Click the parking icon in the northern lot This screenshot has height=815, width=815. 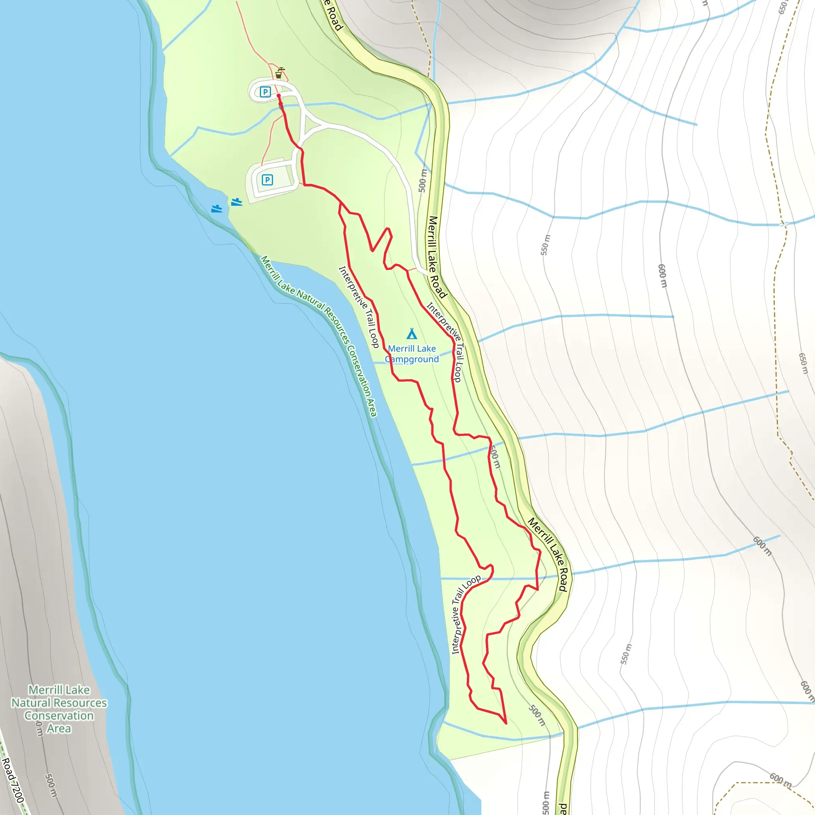(x=265, y=92)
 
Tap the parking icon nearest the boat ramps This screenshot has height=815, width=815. (x=267, y=180)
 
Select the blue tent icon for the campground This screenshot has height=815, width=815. (x=412, y=334)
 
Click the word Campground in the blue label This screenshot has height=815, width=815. (x=412, y=359)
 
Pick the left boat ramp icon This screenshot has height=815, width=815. (x=216, y=209)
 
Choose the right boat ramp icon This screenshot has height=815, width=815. (x=237, y=202)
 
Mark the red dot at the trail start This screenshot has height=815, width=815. (x=279, y=96)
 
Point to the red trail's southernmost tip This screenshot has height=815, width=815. (x=506, y=723)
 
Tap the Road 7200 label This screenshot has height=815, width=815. (x=13, y=780)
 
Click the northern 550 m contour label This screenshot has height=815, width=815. (x=546, y=245)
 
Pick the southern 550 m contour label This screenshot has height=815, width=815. (x=626, y=654)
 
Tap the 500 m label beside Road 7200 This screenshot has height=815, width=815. (x=51, y=785)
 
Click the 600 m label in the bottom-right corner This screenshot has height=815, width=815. (x=781, y=780)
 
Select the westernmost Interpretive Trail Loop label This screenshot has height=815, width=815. (x=359, y=307)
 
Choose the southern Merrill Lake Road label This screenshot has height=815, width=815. (x=548, y=554)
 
